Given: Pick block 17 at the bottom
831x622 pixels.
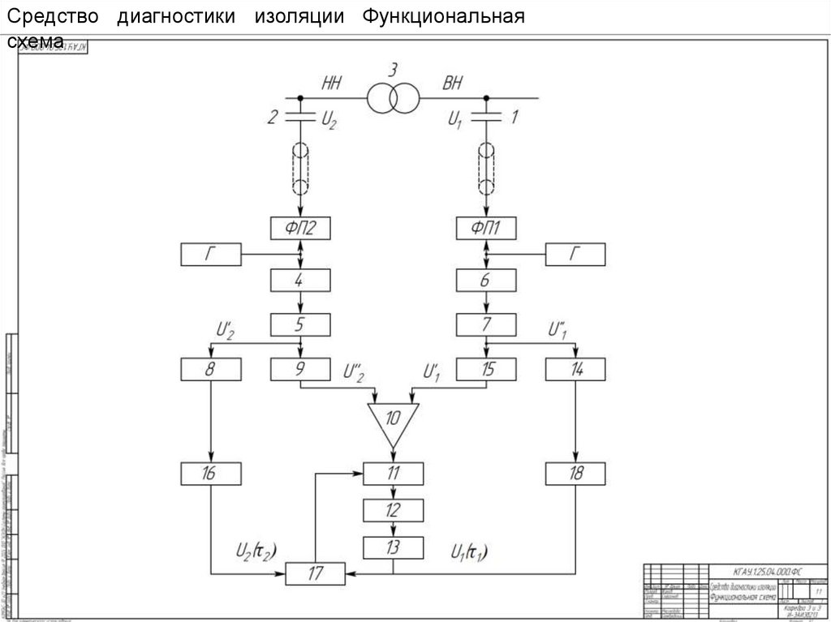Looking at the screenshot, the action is tap(316, 573).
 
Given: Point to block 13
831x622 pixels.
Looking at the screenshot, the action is tap(393, 547).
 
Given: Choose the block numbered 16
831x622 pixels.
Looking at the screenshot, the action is tap(211, 474).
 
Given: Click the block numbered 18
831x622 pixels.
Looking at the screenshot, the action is tap(575, 474).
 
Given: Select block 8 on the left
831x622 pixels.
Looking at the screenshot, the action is tap(211, 370).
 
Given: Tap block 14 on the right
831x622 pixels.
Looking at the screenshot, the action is tap(575, 370).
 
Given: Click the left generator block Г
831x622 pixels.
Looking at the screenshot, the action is tap(211, 255).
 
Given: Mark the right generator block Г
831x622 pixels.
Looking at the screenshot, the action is tap(575, 255).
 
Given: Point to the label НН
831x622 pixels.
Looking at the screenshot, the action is tap(332, 82).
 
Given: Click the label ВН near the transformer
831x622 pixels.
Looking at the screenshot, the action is tap(453, 82).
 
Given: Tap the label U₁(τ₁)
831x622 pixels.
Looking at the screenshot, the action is tap(469, 552).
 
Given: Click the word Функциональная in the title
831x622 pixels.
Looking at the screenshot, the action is tap(443, 16).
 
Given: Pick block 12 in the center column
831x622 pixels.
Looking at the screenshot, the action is tap(393, 510).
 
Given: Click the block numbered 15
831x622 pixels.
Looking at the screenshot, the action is tap(486, 370).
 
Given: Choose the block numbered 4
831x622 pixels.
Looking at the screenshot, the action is tap(300, 281).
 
